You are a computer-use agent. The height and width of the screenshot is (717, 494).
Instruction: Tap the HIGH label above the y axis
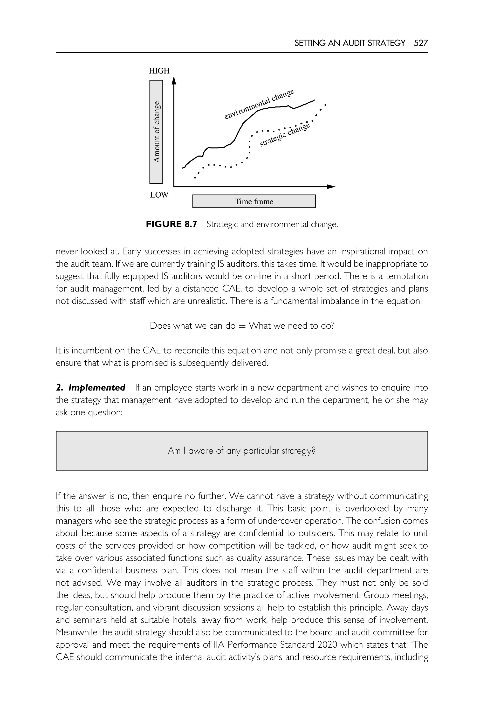[x=159, y=71]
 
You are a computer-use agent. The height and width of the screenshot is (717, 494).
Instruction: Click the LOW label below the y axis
[x=159, y=195]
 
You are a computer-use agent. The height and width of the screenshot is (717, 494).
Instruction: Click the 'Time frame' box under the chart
[x=254, y=201]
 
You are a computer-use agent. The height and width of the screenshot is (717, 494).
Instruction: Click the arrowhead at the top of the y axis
[x=174, y=80]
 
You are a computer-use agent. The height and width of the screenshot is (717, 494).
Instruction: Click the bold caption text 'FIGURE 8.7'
[x=171, y=224]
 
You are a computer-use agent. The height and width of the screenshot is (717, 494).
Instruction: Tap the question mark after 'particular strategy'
[x=314, y=451]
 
